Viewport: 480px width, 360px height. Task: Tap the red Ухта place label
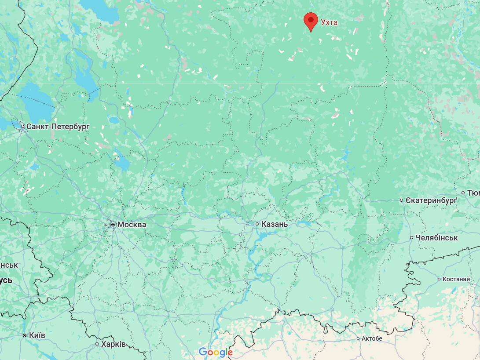pos(329,22)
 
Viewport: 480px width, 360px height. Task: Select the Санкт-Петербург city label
pos(58,127)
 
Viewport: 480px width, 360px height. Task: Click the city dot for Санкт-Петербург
pos(23,127)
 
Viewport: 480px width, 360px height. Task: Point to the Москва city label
pos(132,225)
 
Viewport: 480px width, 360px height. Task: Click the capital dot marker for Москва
pos(113,225)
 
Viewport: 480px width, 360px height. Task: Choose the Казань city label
pos(275,224)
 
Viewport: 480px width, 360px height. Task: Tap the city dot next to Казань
pos(258,224)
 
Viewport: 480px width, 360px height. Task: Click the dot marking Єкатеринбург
pos(402,200)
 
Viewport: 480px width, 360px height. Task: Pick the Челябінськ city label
pos(436,238)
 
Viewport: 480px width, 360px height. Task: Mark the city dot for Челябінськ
pos(412,238)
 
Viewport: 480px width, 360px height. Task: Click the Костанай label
pos(457,279)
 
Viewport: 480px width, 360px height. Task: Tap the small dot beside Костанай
pos(439,279)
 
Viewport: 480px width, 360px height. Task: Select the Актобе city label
pos(372,338)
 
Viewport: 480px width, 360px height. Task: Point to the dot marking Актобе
pos(357,338)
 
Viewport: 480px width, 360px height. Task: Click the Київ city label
pos(37,335)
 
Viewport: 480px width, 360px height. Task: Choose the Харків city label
pos(114,344)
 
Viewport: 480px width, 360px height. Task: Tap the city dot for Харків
pos(97,344)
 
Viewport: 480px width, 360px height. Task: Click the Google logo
pos(216,352)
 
